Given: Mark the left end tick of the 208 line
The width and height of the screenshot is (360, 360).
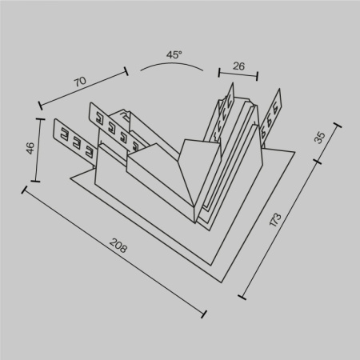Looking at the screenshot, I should point(26,190).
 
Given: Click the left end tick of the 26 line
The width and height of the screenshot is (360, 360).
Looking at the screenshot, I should point(218,71).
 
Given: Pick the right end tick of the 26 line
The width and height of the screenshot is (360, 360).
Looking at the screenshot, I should point(258,78).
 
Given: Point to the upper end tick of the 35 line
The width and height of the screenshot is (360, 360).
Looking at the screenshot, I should point(332,114).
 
